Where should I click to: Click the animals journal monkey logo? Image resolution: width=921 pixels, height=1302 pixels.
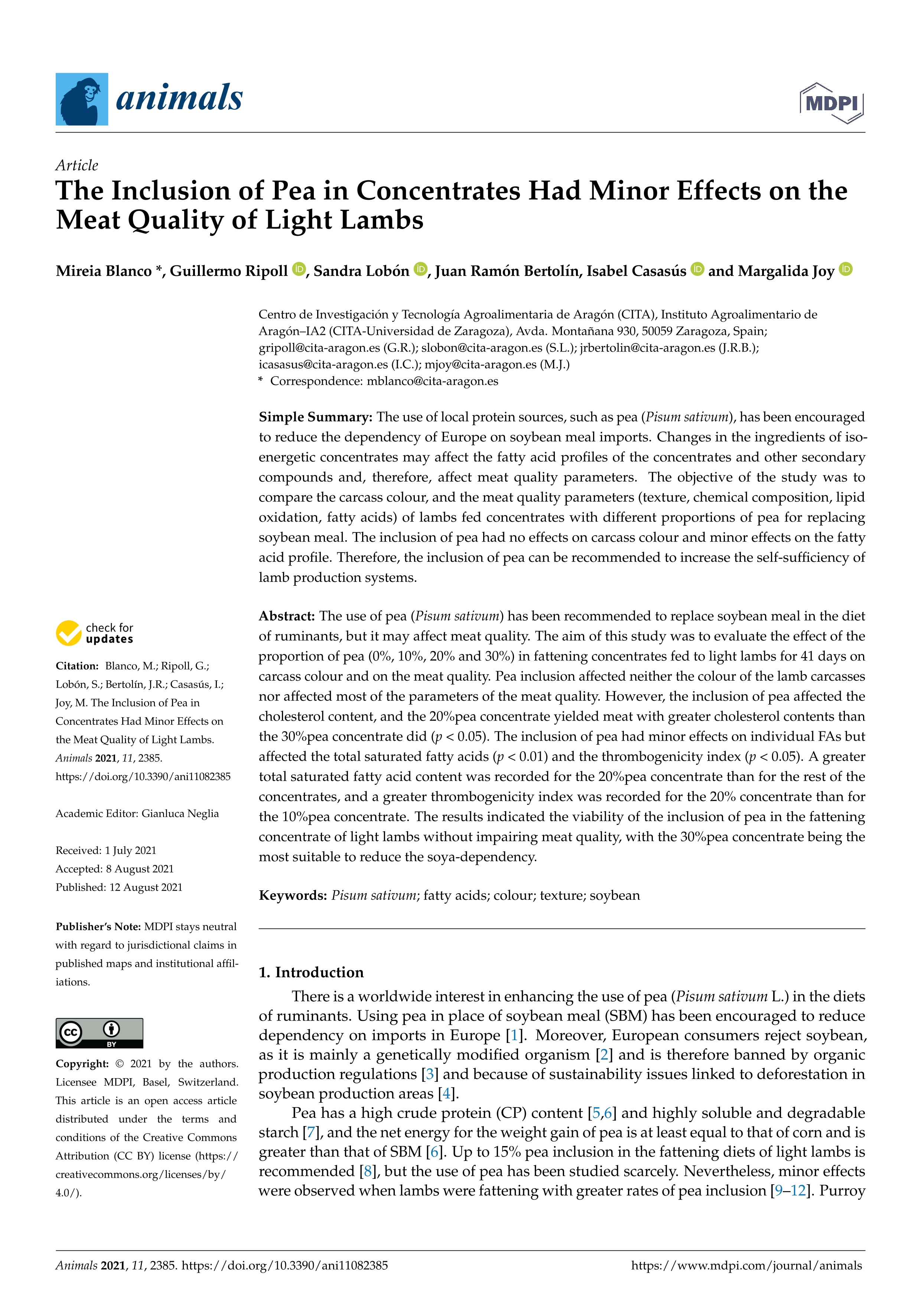point(82,99)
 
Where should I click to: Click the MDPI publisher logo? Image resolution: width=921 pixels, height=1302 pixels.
point(831,103)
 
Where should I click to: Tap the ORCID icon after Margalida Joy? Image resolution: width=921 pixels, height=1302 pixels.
point(846,270)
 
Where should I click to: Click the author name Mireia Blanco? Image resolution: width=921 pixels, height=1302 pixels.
point(103,271)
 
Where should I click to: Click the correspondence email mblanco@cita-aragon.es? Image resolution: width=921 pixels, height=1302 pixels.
point(432,381)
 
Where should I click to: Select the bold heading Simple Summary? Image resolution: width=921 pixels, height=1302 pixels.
point(315,417)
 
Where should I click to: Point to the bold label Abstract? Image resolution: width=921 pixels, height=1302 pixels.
point(286,616)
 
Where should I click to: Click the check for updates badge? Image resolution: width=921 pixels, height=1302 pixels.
point(95,633)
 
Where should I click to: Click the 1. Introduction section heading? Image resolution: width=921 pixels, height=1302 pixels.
point(311,972)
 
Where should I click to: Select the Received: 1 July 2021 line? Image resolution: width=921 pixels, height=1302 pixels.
point(106,850)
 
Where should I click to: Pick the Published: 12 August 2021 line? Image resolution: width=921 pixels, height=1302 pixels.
point(119,887)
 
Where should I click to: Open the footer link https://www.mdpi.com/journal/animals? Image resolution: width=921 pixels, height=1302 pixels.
point(746,1265)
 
